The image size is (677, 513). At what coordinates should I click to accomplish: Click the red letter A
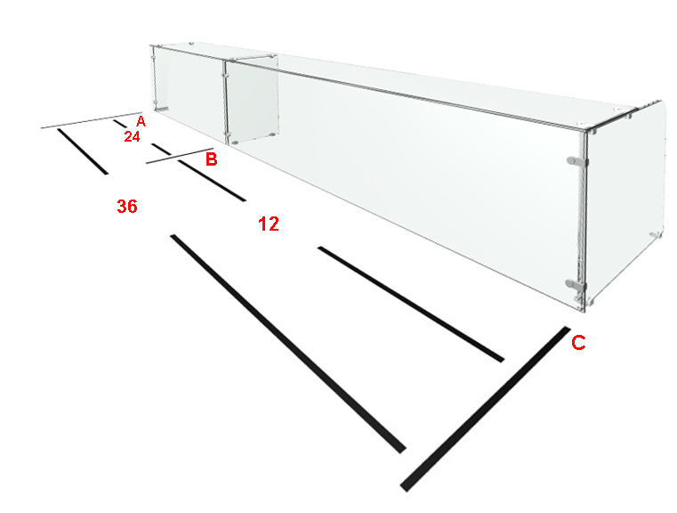coord(141,121)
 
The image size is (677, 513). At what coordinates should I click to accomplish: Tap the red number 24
coord(133,136)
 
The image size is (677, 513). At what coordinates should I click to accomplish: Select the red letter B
coord(211,159)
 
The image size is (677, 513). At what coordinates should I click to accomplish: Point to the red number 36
coord(127,206)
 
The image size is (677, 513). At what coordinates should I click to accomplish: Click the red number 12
coord(269,224)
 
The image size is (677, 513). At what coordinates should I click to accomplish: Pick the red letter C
coord(578,343)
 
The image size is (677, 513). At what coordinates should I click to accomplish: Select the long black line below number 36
coord(288,344)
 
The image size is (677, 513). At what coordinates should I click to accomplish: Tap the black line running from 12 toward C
coord(411,305)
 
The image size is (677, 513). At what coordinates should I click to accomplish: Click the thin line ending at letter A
coord(92,120)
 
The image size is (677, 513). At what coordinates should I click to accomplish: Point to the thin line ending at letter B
coord(180,156)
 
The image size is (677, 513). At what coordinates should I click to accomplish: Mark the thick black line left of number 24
coord(83,151)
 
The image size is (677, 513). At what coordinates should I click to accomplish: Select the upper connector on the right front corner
coord(577,161)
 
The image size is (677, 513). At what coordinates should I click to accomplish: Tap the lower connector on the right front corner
coord(576,284)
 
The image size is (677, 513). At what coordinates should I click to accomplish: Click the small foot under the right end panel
coord(656,234)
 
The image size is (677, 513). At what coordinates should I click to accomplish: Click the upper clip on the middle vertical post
coord(224,75)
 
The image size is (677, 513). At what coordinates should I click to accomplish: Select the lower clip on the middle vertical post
coord(224,134)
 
